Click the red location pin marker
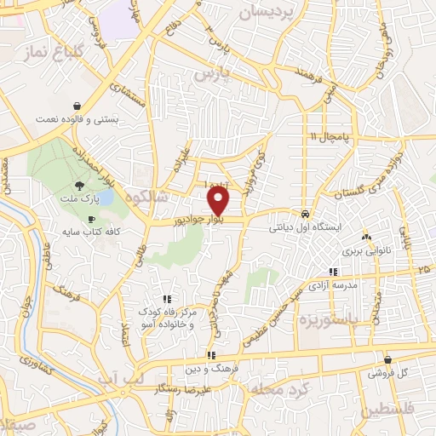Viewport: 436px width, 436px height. [x=219, y=202]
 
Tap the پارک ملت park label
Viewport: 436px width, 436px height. [x=84, y=198]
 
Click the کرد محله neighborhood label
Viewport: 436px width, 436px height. [x=277, y=387]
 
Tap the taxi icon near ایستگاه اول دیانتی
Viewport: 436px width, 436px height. [x=305, y=214]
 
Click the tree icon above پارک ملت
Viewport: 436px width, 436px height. [x=78, y=184]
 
